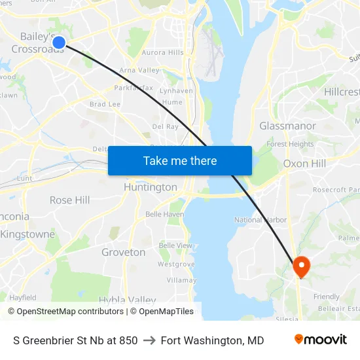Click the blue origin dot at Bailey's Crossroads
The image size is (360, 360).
58,43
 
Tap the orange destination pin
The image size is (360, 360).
301,266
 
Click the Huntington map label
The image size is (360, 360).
151,187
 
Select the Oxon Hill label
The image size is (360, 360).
305,164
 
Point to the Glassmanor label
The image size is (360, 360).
287,126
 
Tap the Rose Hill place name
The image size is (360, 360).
70,200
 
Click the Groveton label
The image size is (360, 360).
124,252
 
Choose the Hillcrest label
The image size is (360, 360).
341,92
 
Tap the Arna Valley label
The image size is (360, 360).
139,70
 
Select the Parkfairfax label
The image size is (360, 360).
134,88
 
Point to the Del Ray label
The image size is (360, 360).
165,126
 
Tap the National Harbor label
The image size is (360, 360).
261,220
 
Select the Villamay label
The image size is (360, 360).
181,279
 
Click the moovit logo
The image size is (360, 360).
321,340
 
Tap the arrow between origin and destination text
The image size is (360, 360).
149,340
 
